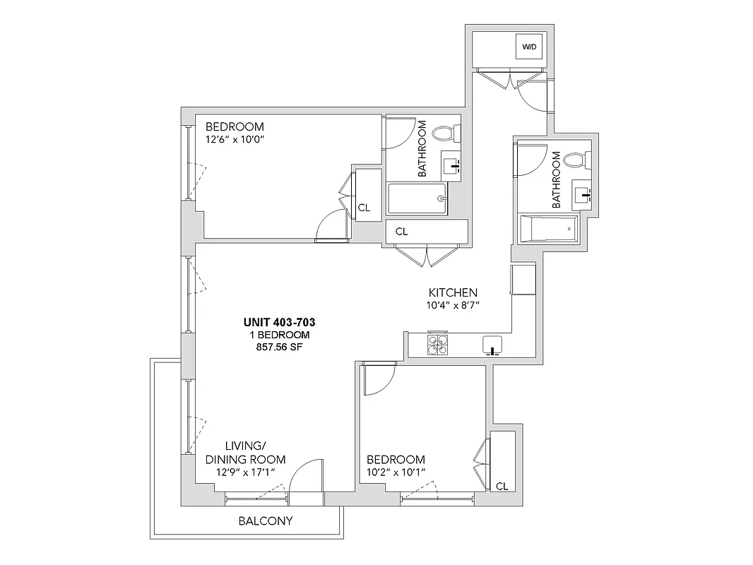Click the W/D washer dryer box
(x=529, y=47)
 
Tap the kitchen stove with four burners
(x=437, y=345)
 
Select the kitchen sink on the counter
(x=493, y=345)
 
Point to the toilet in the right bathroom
(x=578, y=161)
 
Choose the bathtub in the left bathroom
(x=417, y=199)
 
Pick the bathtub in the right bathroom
(x=549, y=230)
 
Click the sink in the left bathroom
(x=451, y=166)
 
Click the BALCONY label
(x=265, y=522)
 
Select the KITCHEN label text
(x=453, y=292)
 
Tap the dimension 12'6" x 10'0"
(x=238, y=139)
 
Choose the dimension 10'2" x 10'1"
(x=396, y=471)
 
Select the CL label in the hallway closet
(x=401, y=231)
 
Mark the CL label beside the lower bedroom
(x=502, y=486)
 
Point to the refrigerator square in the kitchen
(x=523, y=280)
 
